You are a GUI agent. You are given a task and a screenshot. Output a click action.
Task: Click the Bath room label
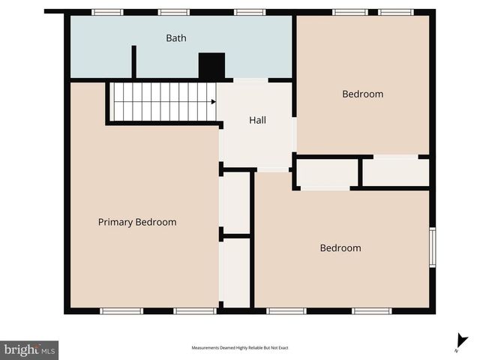coord(176,38)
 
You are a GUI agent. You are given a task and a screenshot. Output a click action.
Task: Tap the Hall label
coord(257,120)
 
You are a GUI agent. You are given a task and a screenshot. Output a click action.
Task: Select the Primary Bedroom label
coord(137,222)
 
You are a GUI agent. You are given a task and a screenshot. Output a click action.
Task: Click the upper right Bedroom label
coord(362,94)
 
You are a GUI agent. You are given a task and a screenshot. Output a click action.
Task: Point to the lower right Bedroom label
coord(340,248)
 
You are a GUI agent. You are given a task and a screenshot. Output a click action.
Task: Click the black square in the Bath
coord(211,66)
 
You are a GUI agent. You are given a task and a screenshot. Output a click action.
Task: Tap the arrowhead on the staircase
coord(214,101)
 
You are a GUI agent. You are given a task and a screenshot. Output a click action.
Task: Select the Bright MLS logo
coord(29,349)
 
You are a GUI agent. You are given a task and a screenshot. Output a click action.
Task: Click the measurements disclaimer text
coord(240,348)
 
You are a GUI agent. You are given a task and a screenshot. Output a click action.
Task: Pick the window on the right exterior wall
coord(432,247)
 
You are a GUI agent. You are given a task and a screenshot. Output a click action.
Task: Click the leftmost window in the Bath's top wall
coord(107,12)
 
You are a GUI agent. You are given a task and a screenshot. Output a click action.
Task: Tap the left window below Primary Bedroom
coord(121,310)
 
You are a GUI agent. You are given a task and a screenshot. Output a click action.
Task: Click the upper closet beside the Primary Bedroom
coord(236,202)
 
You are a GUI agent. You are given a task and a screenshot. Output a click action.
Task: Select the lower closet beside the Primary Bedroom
coord(236,272)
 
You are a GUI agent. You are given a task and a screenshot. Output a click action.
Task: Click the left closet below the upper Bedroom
coord(328,172)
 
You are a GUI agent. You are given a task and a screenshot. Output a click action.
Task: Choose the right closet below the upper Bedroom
coord(395,172)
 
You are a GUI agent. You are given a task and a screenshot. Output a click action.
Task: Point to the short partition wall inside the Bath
coord(133,61)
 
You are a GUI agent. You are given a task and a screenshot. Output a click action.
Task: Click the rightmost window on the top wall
coord(395,12)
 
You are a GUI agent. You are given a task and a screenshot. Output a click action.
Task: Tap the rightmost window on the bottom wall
coord(372,310)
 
